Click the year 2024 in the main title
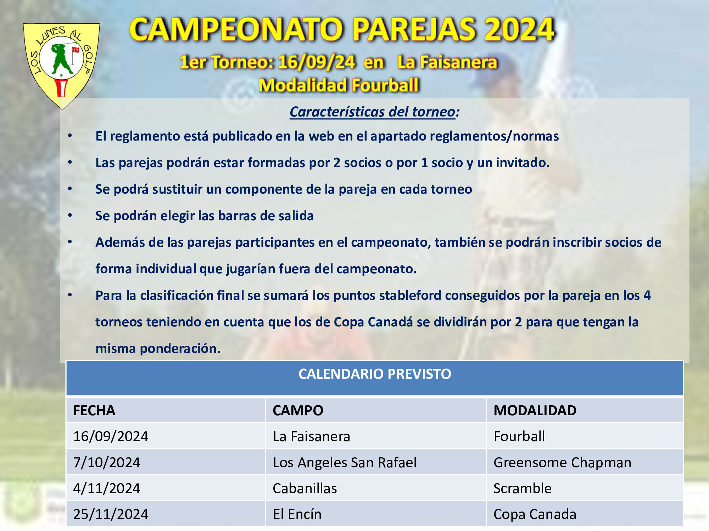tap(519, 30)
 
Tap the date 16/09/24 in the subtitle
tap(317, 62)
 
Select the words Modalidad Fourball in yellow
tap(339, 86)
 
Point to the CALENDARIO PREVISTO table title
tap(375, 374)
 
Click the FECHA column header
tap(94, 411)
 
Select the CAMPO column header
tap(298, 411)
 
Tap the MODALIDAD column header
tap(535, 411)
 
